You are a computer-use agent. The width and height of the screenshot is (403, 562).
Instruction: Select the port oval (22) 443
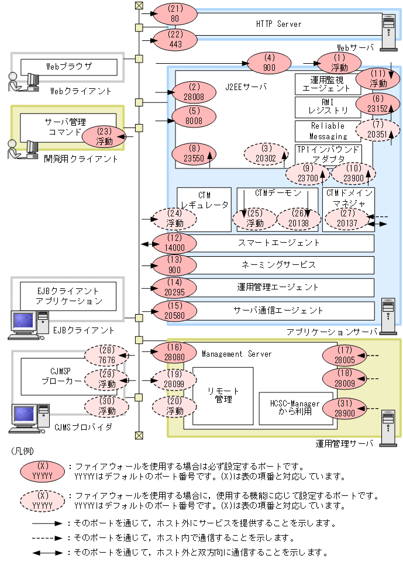(x=174, y=40)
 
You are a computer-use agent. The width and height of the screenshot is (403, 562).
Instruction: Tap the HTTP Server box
(x=278, y=24)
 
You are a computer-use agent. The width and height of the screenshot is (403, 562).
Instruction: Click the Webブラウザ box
(x=68, y=66)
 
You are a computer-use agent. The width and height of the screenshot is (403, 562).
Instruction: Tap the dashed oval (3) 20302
(x=267, y=153)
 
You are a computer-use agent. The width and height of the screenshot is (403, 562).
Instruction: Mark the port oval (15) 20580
(x=174, y=310)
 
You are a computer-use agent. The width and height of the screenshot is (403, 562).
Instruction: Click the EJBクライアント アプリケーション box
(x=68, y=296)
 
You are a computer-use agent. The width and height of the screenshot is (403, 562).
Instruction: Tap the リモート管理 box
(x=223, y=395)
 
